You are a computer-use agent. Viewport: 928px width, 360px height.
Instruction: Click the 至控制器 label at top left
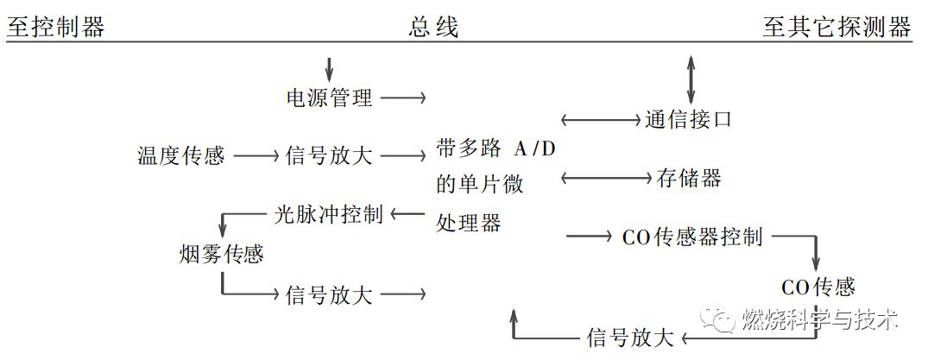[56, 27]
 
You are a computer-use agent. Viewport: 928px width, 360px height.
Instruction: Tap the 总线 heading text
[433, 27]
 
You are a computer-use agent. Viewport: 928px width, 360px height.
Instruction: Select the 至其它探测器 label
[836, 27]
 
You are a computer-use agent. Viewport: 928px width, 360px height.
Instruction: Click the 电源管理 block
[329, 98]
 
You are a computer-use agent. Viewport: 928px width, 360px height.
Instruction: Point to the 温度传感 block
[180, 156]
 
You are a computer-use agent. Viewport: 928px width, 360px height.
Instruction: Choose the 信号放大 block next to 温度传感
[329, 156]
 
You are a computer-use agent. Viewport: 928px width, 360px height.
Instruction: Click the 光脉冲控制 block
[328, 214]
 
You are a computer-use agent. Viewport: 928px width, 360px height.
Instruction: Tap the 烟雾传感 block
[221, 255]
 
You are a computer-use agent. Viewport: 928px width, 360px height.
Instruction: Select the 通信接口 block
[688, 119]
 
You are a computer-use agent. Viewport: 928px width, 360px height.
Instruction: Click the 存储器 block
[688, 179]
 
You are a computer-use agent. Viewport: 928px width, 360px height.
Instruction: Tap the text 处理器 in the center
[469, 223]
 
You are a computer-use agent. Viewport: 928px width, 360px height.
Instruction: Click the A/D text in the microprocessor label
[536, 148]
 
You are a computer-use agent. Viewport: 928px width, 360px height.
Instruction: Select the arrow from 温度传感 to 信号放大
[257, 156]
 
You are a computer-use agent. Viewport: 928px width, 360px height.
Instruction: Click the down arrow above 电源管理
[329, 67]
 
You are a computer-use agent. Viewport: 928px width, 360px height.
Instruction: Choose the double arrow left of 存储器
[604, 179]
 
